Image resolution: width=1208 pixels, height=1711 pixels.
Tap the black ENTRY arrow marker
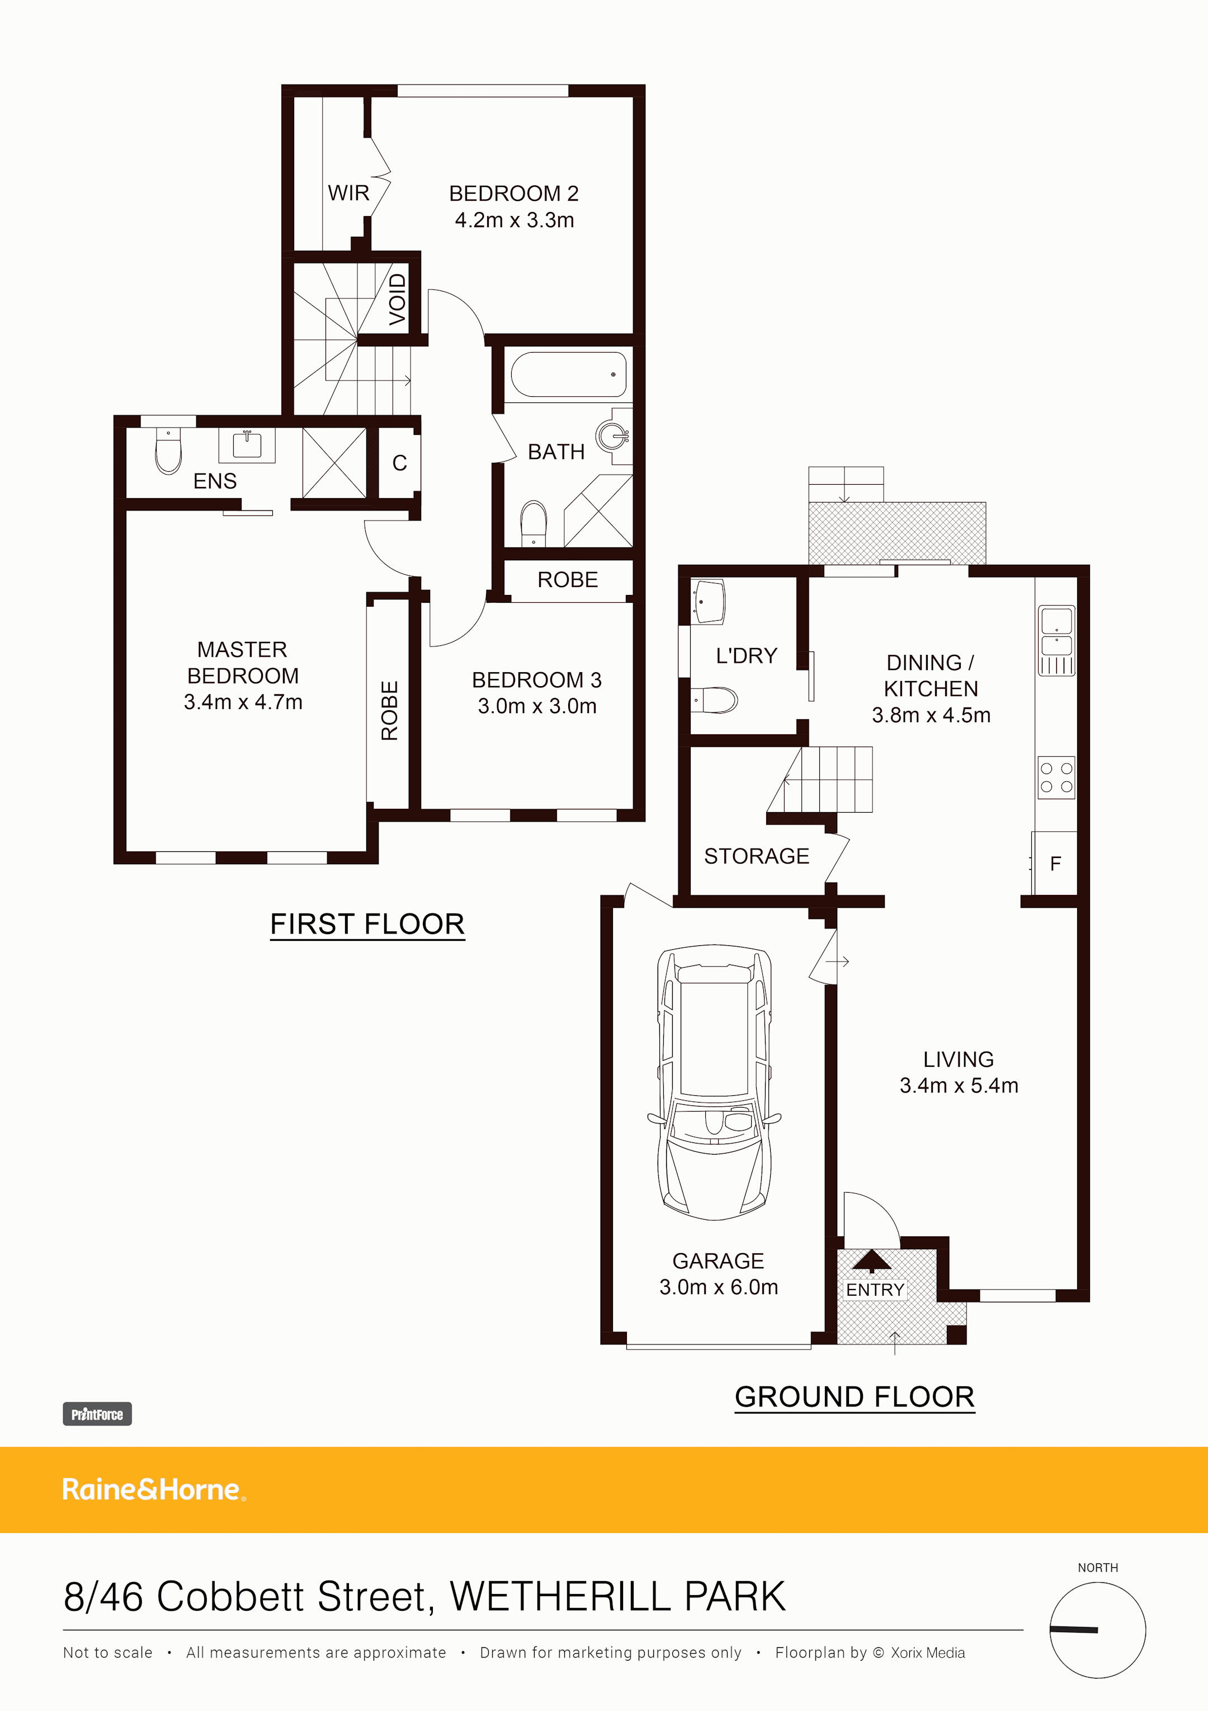(x=871, y=1260)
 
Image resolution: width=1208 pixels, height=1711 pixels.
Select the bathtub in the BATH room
(x=568, y=374)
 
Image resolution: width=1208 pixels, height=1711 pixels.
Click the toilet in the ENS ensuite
(x=168, y=452)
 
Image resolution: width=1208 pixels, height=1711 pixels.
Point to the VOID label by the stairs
(x=398, y=299)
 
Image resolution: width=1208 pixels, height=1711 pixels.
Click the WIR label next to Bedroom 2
(x=348, y=193)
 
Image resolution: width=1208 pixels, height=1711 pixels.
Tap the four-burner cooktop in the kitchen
(x=1056, y=777)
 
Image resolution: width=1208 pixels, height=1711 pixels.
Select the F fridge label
(x=1055, y=864)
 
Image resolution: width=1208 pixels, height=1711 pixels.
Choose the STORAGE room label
(x=756, y=856)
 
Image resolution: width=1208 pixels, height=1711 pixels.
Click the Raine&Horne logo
(x=153, y=1490)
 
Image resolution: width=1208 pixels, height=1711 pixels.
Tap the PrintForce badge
(x=97, y=1414)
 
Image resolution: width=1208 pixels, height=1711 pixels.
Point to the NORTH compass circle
(x=1097, y=1630)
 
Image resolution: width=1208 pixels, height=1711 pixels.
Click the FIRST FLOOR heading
(x=367, y=924)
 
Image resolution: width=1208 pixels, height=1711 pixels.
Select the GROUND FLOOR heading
(x=854, y=1397)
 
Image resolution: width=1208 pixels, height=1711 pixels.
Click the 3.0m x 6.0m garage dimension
(x=718, y=1287)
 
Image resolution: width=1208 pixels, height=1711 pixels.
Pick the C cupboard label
(x=399, y=463)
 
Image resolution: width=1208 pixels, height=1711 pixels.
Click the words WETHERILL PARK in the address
(x=617, y=1597)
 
